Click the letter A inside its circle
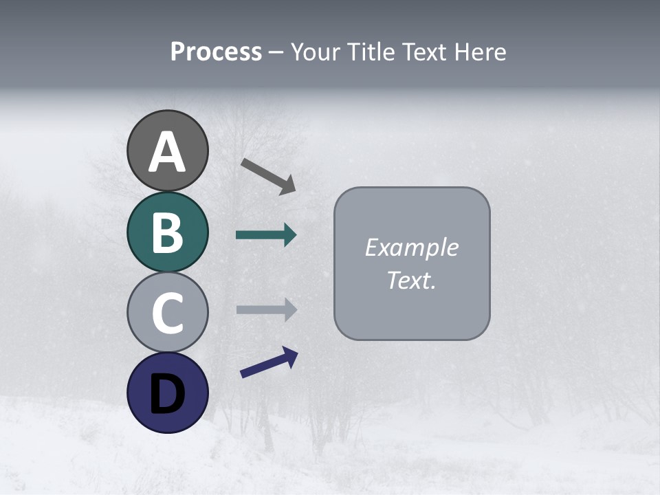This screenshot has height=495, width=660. click(x=167, y=152)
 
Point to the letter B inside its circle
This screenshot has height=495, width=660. click(x=167, y=232)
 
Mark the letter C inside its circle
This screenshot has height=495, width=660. click(x=167, y=313)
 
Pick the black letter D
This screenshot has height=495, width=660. click(x=167, y=393)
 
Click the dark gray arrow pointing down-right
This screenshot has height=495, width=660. click(x=269, y=176)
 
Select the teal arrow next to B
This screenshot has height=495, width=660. click(x=266, y=235)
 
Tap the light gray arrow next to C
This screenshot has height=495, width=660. click(x=266, y=309)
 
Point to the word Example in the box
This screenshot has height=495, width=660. click(x=412, y=247)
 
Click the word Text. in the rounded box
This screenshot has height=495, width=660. click(x=412, y=280)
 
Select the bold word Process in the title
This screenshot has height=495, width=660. click(x=216, y=52)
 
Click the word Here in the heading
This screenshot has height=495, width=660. click(x=481, y=52)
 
